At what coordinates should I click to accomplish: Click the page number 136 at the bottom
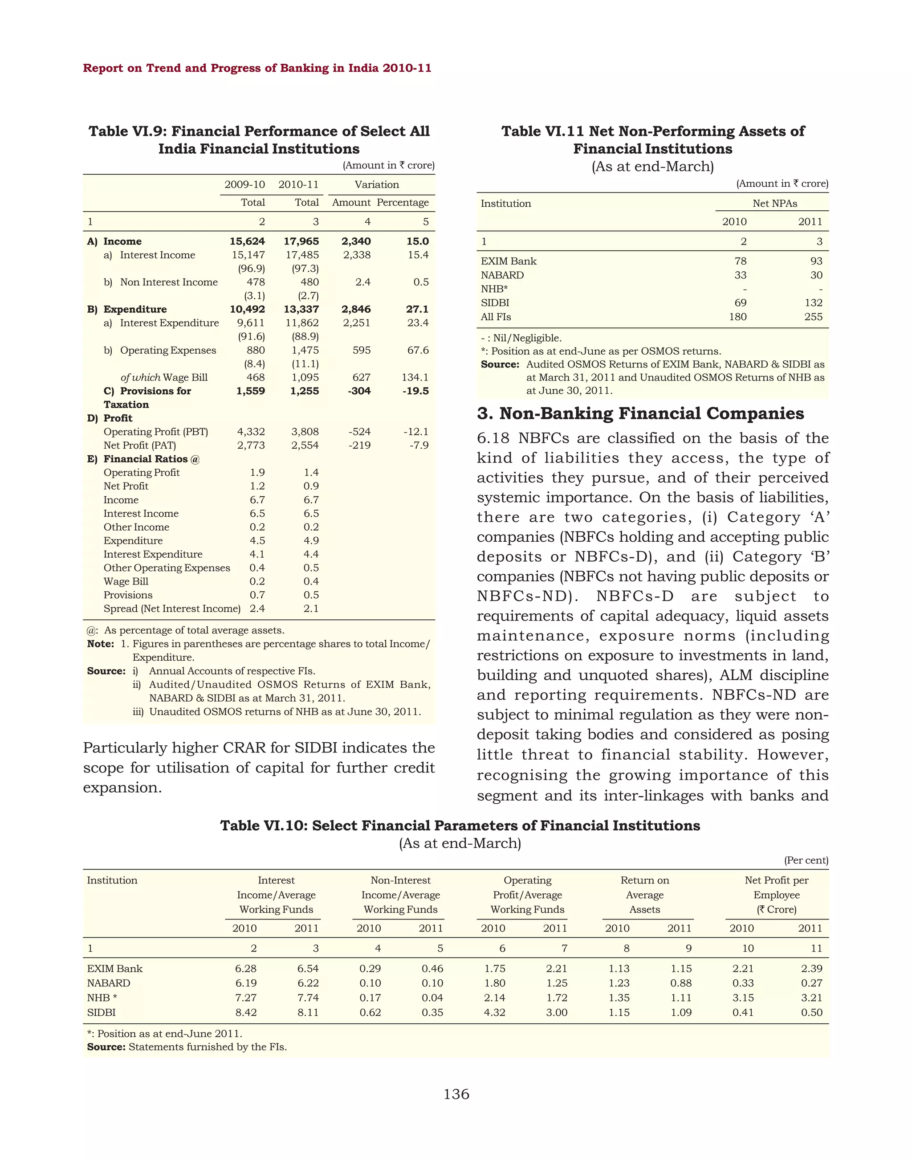click(x=456, y=1094)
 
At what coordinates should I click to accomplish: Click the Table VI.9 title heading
click(x=259, y=140)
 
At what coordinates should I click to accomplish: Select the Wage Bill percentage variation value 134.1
click(x=415, y=377)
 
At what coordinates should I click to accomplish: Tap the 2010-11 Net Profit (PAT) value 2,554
click(x=305, y=445)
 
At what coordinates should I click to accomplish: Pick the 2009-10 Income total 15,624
click(x=247, y=241)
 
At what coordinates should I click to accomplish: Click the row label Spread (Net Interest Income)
click(x=172, y=609)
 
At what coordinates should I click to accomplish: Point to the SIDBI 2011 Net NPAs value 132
click(x=813, y=303)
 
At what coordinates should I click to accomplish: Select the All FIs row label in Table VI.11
click(x=496, y=317)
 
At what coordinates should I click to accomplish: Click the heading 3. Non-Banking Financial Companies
click(x=640, y=413)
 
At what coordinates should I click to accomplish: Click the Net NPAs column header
click(x=774, y=204)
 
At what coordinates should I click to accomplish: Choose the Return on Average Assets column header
click(x=644, y=895)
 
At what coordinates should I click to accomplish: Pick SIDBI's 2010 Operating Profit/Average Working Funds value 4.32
click(x=494, y=1013)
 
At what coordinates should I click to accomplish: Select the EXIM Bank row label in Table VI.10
click(x=115, y=969)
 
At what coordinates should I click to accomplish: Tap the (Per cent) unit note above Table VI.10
click(x=806, y=860)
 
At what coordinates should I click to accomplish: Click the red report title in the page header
click(x=257, y=68)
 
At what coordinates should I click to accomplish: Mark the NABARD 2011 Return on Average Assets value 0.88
click(x=681, y=983)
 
